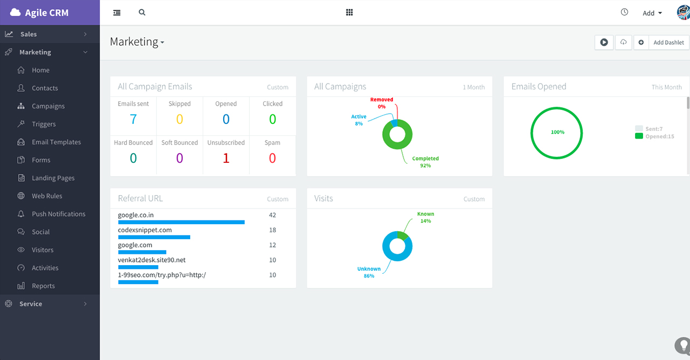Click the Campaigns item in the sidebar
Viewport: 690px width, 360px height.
48,106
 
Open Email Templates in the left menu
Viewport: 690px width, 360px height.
56,142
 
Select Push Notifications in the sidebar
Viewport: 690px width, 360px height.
58,214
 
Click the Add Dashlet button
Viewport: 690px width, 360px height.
668,43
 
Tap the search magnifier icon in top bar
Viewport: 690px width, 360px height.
142,12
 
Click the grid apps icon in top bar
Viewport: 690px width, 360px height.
349,12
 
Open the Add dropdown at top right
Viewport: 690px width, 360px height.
652,13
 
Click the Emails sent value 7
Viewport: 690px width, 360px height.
133,119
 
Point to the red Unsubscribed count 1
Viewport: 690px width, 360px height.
226,158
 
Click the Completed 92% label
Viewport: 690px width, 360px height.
425,162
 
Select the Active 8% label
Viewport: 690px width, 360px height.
358,120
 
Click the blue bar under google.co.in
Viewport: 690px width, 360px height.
181,222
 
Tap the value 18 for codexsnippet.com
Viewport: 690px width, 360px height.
272,230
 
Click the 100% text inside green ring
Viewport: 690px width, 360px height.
557,132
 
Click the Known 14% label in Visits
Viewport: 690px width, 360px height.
425,217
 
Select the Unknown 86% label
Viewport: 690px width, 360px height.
369,272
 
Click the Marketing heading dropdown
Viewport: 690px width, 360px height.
137,42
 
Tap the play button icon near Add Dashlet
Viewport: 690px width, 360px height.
604,43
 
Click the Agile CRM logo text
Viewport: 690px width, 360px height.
46,13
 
